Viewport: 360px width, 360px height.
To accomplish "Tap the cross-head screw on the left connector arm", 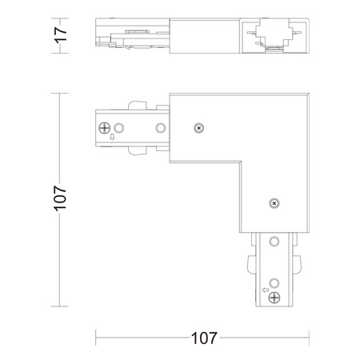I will click(105, 128).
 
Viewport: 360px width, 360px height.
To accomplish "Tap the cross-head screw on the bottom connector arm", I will click(276, 297).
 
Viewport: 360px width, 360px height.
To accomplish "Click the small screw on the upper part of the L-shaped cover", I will click(199, 126).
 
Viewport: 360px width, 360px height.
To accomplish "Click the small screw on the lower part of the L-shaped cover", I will click(274, 203).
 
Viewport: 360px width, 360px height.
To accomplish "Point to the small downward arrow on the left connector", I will click(110, 142).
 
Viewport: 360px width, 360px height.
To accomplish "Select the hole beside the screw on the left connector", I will click(119, 128).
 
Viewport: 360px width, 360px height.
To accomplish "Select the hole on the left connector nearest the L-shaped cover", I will click(160, 128).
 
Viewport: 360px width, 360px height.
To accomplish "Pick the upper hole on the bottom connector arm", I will click(276, 242).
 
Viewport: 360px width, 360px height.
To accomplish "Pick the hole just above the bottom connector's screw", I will click(276, 282).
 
